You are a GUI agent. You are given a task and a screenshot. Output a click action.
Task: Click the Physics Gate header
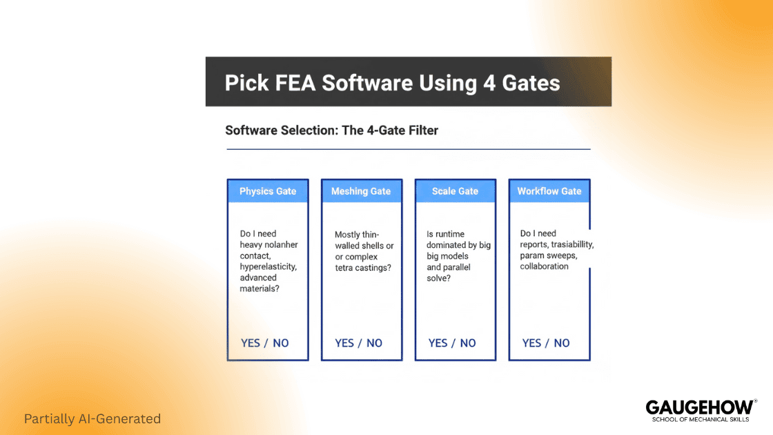pos(268,191)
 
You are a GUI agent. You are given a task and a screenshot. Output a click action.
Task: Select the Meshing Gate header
pos(361,191)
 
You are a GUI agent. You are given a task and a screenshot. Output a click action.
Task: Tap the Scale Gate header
pos(455,191)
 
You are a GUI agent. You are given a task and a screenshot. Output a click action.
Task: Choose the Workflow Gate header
pos(549,191)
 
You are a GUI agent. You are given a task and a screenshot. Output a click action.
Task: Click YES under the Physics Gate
pos(251,343)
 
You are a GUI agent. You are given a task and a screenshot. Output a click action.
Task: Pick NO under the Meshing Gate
pos(374,343)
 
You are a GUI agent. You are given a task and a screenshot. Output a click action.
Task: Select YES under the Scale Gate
pos(438,343)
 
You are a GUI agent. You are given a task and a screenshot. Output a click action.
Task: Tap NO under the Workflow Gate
pos(562,343)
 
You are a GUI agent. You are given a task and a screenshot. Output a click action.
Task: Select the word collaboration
pos(545,267)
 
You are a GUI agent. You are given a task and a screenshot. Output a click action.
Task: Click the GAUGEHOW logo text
pos(698,407)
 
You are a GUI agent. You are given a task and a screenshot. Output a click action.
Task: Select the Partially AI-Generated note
pos(92,419)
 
